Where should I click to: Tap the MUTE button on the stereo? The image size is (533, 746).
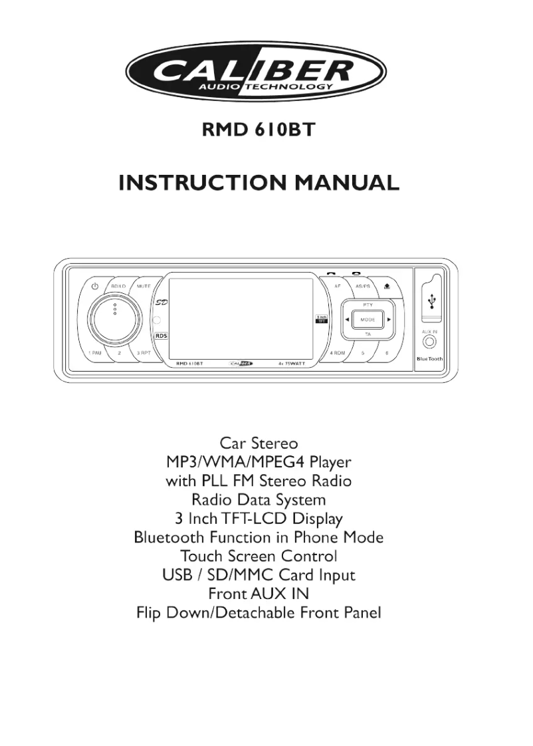tap(144, 286)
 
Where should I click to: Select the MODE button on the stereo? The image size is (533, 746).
tap(368, 320)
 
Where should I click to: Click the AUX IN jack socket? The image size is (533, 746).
tap(429, 343)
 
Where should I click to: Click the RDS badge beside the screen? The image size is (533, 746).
tap(161, 336)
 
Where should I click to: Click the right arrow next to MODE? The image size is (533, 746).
tap(389, 320)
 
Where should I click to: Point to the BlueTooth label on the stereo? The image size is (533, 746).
tap(429, 359)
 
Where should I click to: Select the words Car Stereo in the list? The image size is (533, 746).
tap(259, 442)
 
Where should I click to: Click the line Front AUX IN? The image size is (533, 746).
tap(259, 593)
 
